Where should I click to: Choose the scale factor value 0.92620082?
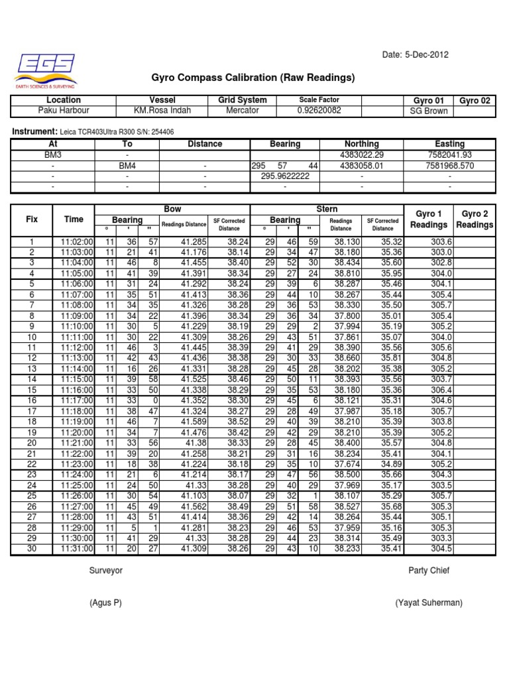tap(319, 111)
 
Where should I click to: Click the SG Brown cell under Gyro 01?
tap(429, 111)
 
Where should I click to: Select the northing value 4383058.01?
tap(361, 166)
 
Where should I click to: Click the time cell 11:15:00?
tap(77, 379)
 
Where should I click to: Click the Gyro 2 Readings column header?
tap(475, 219)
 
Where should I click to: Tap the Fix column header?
tap(31, 219)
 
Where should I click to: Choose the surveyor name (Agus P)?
tap(106, 603)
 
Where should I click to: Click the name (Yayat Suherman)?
tap(429, 603)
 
